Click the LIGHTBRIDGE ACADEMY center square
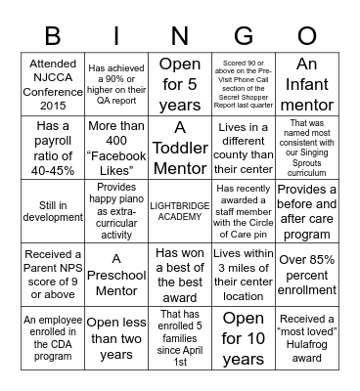(x=179, y=210)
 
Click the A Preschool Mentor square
(x=115, y=274)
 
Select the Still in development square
(x=52, y=210)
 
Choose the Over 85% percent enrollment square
(x=306, y=274)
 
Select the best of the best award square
(x=179, y=274)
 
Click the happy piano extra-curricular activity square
(x=115, y=210)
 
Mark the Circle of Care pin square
(x=243, y=210)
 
